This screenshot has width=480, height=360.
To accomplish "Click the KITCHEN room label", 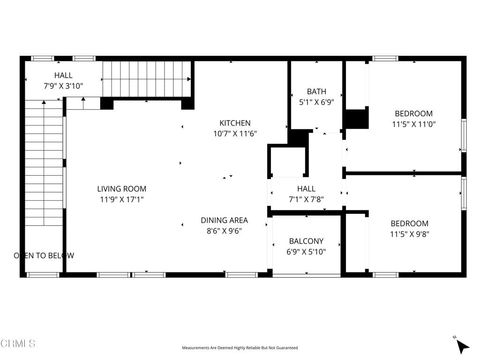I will pos(237,123).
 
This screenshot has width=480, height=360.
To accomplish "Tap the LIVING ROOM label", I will pos(122,188).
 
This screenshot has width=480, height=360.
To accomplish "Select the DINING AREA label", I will pos(225,219).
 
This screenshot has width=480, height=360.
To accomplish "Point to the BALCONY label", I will pos(306,241).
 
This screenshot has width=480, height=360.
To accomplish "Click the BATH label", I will pos(316,91).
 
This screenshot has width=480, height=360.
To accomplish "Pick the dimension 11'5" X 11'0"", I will pos(410,126).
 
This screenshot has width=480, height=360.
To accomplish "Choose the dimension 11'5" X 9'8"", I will pos(410,235).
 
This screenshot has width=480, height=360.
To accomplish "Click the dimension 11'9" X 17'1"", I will pos(122,200).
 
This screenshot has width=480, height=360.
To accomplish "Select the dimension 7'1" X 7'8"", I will pos(307,198).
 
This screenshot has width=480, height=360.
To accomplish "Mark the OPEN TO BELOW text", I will pos(44,256).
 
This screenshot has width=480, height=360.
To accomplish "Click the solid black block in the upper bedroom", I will pos(354,118).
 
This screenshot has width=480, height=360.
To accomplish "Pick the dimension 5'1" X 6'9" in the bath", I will pos(316,102).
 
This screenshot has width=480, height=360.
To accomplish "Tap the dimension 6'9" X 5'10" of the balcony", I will pos(306,252).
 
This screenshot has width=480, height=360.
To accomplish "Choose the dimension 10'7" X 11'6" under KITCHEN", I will pos(237,134).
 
